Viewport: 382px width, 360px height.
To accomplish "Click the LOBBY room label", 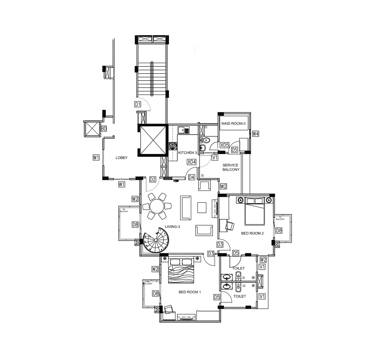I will [121, 158].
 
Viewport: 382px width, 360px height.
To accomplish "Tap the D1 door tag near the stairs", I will [137, 104].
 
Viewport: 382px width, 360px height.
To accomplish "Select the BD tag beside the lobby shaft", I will [103, 129].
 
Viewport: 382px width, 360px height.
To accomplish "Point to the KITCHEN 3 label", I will [187, 153].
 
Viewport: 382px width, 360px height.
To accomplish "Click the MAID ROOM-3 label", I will [233, 124].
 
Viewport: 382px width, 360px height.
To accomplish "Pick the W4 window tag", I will [255, 134].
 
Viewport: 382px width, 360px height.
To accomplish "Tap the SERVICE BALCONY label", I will [231, 167].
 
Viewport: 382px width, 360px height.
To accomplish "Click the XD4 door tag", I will [192, 162].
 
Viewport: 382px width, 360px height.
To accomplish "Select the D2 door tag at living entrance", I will [153, 179].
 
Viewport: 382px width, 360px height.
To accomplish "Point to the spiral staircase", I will [156, 240].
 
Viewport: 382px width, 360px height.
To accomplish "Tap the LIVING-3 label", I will [172, 227].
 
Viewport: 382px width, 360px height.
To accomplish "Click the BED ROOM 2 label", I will [252, 233].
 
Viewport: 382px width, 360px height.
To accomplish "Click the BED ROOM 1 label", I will [190, 292].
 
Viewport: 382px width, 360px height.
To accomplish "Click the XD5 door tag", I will [224, 145].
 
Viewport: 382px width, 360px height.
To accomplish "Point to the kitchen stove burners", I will [173, 146].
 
